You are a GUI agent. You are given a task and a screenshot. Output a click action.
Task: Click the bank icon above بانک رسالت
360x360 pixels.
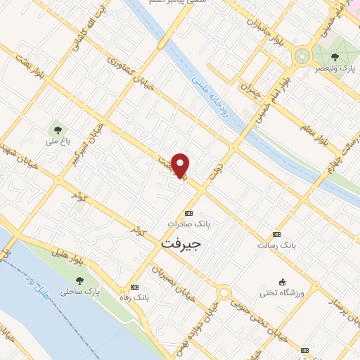pyautogui.click(x=276, y=234)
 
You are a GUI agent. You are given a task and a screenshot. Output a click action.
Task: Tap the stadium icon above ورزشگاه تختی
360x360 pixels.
pyautogui.click(x=282, y=281)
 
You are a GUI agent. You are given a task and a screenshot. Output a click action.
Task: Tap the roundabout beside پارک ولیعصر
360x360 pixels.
pyautogui.click(x=303, y=55)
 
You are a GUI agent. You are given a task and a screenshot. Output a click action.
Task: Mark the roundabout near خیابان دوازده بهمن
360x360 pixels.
pyautogui.click(x=224, y=292)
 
